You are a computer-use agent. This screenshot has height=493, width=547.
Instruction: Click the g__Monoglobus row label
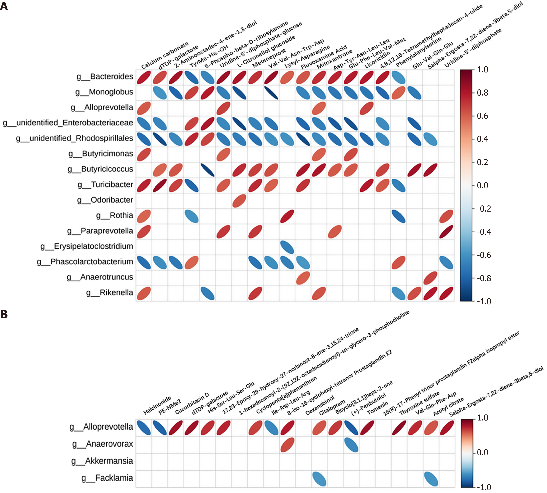click(x=104, y=92)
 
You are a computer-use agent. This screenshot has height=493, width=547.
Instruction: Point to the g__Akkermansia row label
click(x=102, y=461)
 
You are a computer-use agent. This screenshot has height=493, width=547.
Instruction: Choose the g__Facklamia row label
click(x=107, y=478)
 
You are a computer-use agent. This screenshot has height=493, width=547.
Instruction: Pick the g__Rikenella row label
click(x=110, y=293)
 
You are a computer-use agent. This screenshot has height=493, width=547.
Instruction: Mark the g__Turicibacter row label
click(x=105, y=184)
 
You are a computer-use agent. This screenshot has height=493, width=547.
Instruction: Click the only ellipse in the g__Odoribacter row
click(x=239, y=201)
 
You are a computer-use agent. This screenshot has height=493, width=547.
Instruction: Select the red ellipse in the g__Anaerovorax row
click(x=287, y=445)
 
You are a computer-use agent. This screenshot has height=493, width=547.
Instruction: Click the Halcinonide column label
click(x=157, y=405)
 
